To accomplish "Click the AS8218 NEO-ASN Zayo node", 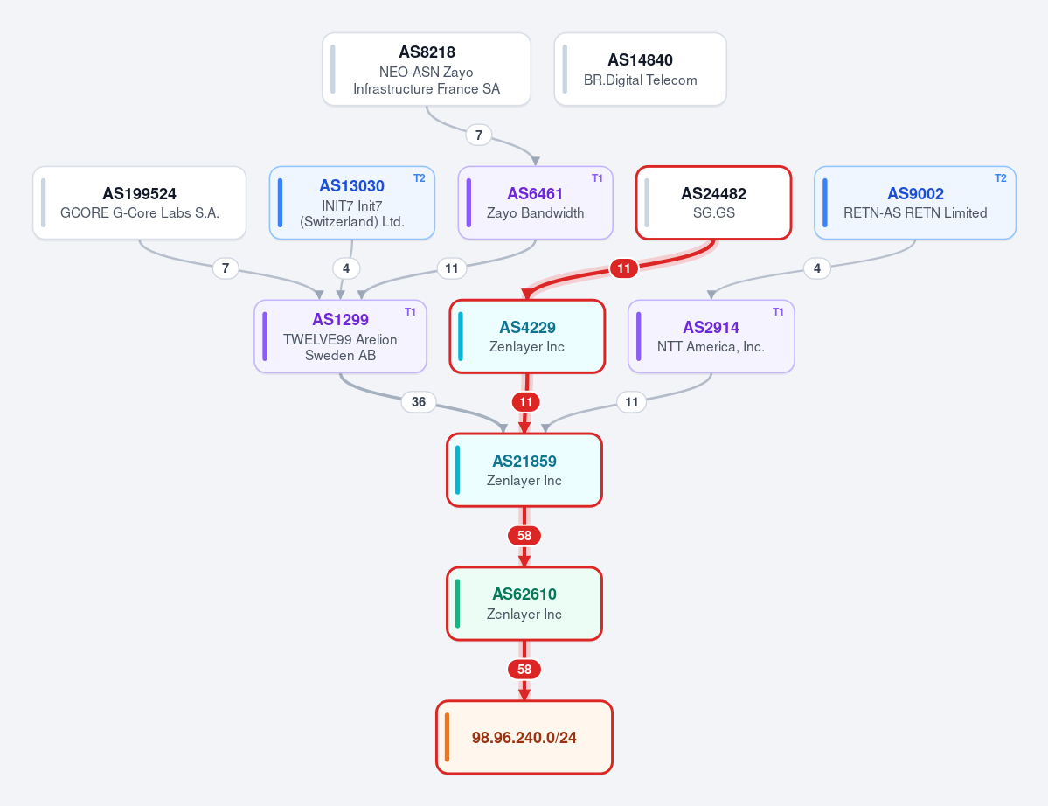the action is tap(427, 70).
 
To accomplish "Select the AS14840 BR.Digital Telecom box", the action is tap(641, 70).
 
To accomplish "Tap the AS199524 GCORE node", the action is tap(140, 203).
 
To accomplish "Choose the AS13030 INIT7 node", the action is tap(352, 203).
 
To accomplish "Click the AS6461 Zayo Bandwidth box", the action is tap(535, 203).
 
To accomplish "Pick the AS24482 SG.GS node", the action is tap(714, 203).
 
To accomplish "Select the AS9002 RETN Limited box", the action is tap(915, 203).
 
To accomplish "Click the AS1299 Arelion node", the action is tap(340, 337).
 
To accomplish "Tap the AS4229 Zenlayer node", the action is tap(527, 337).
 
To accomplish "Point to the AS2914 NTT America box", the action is tap(711, 337).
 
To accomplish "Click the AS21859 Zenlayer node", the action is tap(524, 469).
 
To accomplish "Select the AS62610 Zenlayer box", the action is tap(524, 603).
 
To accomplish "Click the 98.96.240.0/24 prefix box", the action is tap(524, 737).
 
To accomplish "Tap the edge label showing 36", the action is tap(419, 401).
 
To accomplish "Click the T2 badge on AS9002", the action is tap(1001, 178).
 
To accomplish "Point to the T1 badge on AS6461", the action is tap(598, 178).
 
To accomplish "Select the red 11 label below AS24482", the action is tap(623, 268).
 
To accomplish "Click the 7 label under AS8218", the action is tap(479, 135).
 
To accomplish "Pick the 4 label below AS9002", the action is tap(816, 268).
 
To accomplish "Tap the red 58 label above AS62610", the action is tap(524, 536).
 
